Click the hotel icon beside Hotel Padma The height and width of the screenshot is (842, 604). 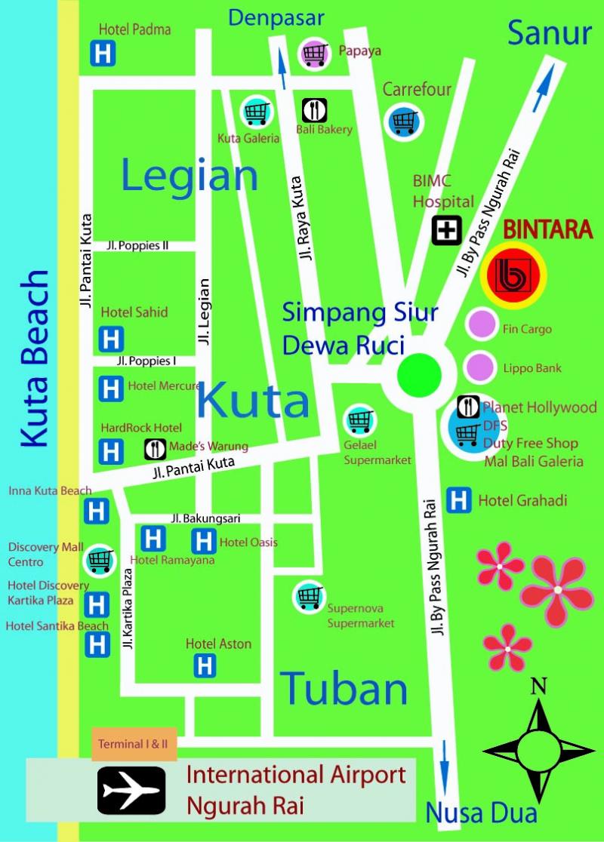[103, 54]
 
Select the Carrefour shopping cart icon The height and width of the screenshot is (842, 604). [404, 120]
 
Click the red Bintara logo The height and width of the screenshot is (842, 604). [513, 275]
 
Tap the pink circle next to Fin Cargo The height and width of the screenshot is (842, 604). [481, 325]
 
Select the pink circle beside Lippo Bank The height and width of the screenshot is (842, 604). [479, 367]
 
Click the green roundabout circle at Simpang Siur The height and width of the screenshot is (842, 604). [419, 375]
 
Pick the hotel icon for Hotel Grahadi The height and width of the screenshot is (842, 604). [459, 500]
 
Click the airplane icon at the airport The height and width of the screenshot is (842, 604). [131, 790]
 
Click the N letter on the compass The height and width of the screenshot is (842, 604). [538, 686]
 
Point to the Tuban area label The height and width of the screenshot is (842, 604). [344, 688]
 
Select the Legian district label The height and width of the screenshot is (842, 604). [190, 177]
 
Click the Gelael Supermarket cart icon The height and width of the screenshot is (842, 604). [359, 420]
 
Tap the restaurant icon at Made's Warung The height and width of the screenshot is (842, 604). [156, 449]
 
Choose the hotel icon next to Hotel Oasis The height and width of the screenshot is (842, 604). [204, 540]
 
